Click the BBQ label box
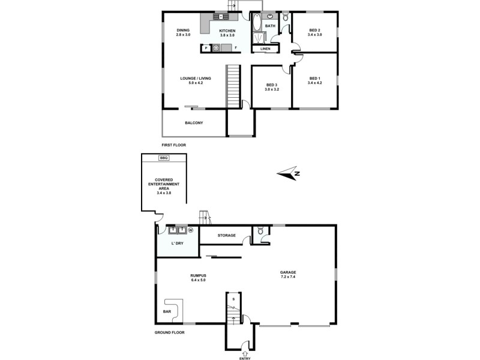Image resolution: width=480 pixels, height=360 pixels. pos(164,158)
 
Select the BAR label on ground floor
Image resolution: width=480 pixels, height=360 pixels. pos(167,311)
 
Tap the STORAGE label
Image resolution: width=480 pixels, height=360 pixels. pos(226,235)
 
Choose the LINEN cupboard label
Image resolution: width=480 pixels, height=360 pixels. pos(265,49)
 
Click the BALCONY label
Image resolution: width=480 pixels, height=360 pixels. pos(194,123)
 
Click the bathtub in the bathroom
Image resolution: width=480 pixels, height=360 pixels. pos(257,24)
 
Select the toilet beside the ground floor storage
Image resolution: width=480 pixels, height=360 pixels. pos(261,231)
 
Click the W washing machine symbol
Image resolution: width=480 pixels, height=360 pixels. pos(191,229)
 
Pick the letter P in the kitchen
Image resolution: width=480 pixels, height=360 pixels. pos(206,48)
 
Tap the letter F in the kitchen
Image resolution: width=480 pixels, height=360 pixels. pos(236,48)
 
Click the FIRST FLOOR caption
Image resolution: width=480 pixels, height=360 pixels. pos(175,145)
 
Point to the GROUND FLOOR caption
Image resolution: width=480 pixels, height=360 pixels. pos(169,332)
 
